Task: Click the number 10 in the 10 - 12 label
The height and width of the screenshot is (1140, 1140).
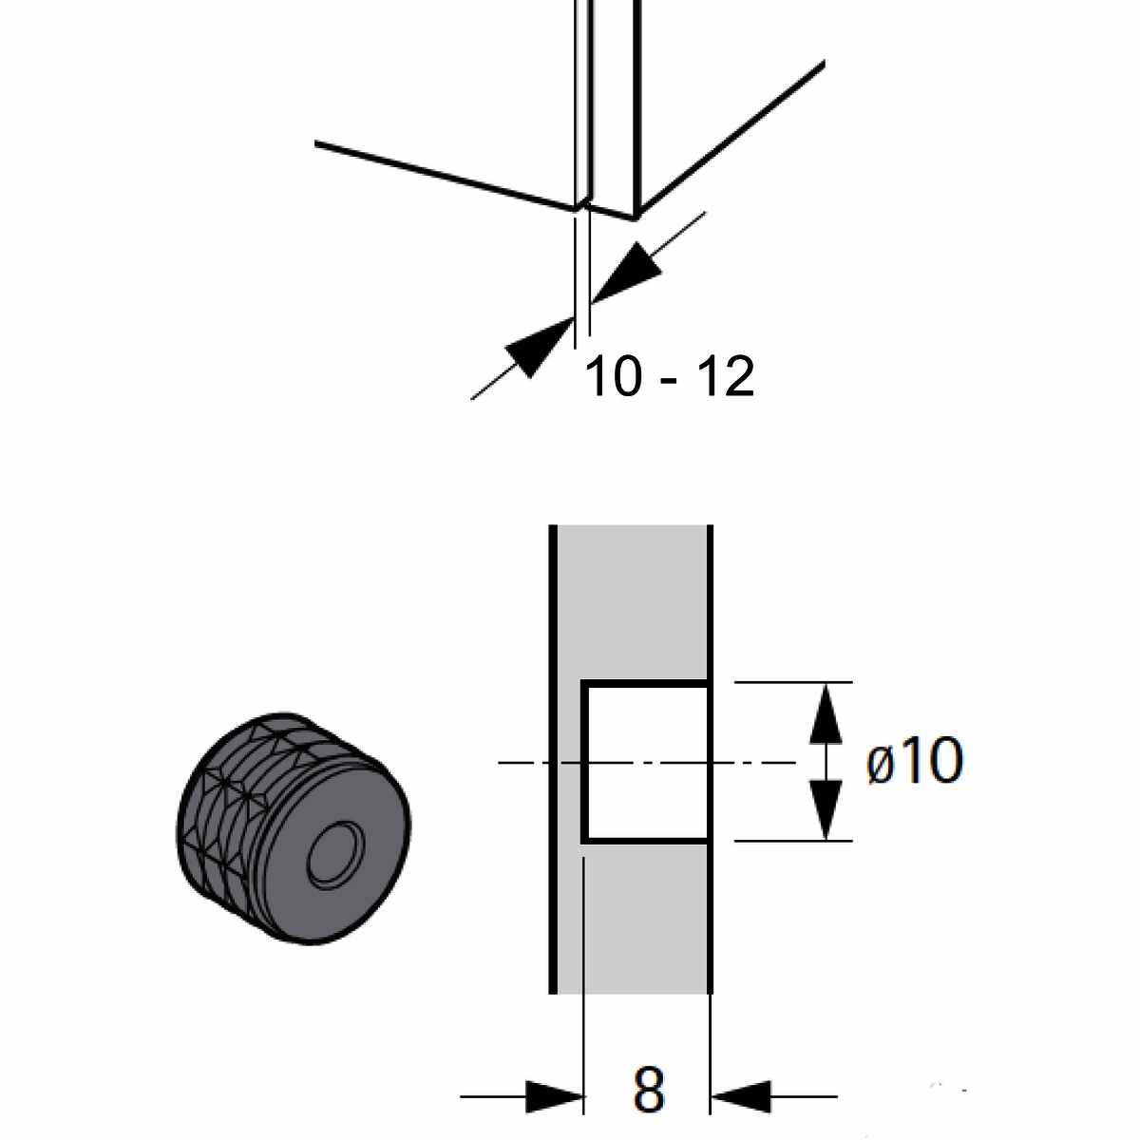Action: (x=613, y=377)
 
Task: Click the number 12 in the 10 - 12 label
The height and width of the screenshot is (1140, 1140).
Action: (x=726, y=377)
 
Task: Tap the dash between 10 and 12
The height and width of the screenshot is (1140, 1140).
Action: (x=670, y=380)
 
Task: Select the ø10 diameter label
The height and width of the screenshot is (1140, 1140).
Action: (x=915, y=762)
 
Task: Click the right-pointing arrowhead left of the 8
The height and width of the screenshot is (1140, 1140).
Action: (x=553, y=1096)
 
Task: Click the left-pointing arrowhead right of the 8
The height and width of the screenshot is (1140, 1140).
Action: (x=741, y=1096)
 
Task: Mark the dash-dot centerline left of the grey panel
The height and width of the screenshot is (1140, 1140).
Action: (x=522, y=762)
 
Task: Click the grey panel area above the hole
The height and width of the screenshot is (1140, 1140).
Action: (x=632, y=598)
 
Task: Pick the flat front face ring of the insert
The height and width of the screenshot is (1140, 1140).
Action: (x=375, y=883)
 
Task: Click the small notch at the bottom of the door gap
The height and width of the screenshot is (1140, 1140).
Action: (x=582, y=205)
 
